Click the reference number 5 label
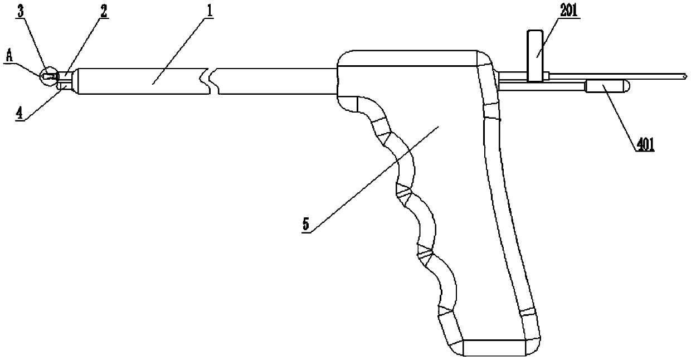click(x=305, y=226)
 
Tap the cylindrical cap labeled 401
click(x=604, y=86)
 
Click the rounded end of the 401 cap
click(x=626, y=86)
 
